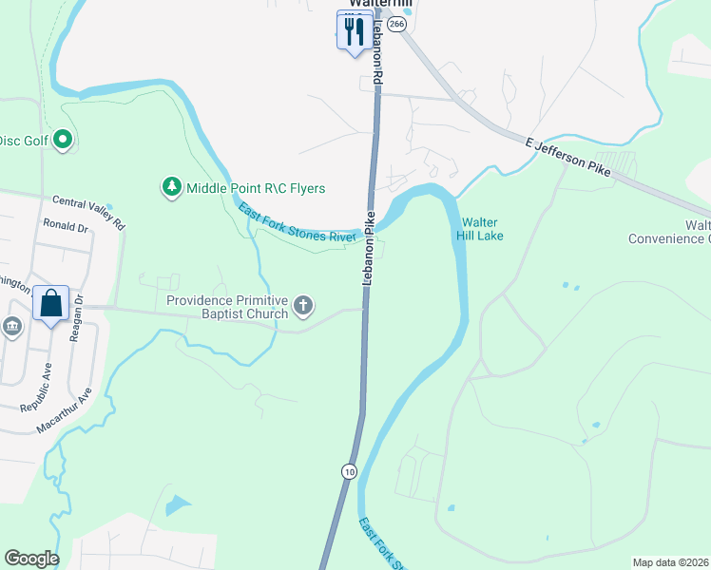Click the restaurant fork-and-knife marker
(x=354, y=31)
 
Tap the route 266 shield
(x=397, y=23)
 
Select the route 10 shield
(x=350, y=471)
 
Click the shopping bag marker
(x=51, y=304)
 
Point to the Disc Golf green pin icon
(x=64, y=141)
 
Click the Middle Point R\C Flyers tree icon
(x=172, y=187)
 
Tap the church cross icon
(x=303, y=306)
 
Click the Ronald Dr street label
(x=65, y=228)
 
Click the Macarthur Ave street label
(x=65, y=410)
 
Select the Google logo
(x=31, y=559)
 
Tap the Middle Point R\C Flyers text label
(x=256, y=188)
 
